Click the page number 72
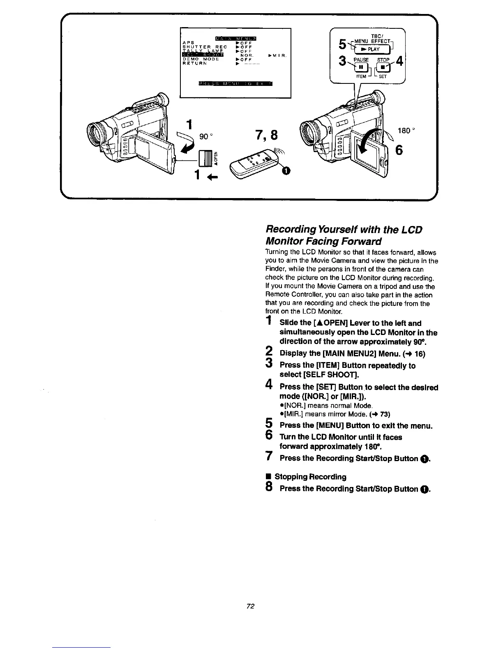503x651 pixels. pos(251,606)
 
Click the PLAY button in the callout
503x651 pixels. pos(369,49)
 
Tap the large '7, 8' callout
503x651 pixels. pos(266,135)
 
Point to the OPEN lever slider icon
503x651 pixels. pos(205,157)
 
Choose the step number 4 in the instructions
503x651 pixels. pos(269,386)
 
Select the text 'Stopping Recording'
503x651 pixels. pos(310,477)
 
